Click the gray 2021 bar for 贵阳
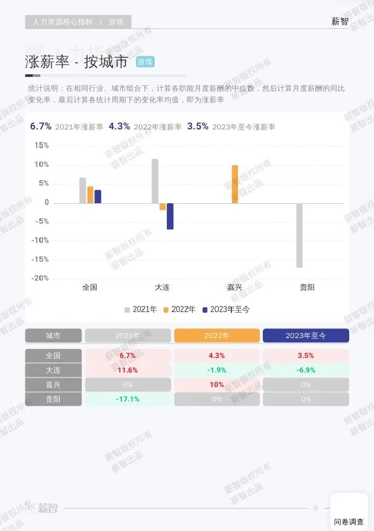click(299, 235)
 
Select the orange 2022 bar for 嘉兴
click(234, 184)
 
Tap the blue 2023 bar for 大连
click(170, 216)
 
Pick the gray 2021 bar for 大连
click(155, 181)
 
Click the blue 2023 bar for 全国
click(98, 197)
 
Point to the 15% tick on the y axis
click(42, 146)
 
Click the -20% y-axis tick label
click(40, 278)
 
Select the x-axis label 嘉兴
click(234, 287)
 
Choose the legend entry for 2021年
click(141, 310)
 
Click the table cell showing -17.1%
click(127, 399)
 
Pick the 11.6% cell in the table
click(127, 370)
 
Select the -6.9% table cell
click(306, 370)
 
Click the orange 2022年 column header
click(217, 336)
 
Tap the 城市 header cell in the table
click(53, 336)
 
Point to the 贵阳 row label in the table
click(53, 399)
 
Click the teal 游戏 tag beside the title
click(145, 62)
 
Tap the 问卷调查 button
click(349, 521)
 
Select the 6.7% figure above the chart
click(40, 126)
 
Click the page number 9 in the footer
click(315, 508)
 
